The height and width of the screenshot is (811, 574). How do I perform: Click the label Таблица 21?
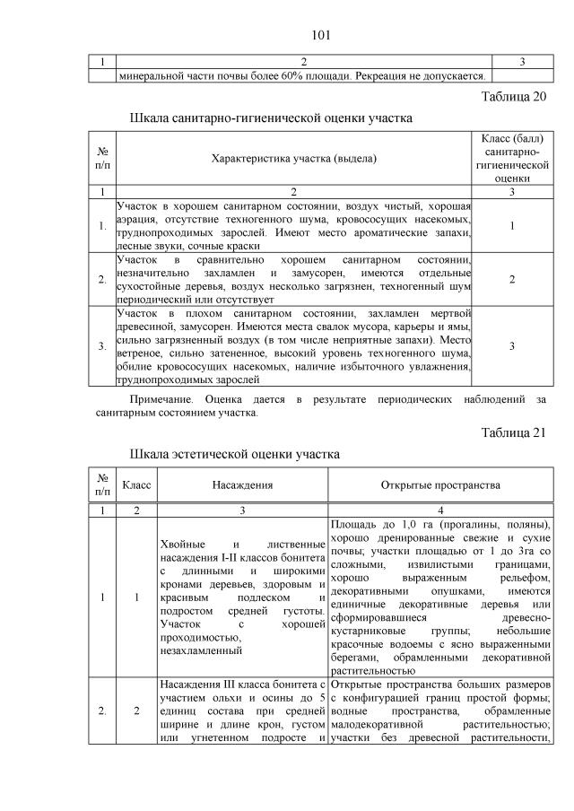click(x=513, y=433)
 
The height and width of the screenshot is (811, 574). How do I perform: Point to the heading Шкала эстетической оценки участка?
click(x=234, y=454)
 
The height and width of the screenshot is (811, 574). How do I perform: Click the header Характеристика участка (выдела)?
click(x=293, y=159)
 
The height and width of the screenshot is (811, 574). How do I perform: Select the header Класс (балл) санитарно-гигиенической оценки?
click(x=511, y=159)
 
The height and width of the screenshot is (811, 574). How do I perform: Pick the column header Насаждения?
click(x=242, y=485)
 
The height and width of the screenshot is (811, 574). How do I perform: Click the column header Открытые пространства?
click(x=439, y=485)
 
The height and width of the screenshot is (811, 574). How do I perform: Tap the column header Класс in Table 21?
click(x=136, y=485)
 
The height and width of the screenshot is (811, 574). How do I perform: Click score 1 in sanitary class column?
click(x=511, y=225)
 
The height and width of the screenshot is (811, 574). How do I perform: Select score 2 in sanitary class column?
click(x=511, y=280)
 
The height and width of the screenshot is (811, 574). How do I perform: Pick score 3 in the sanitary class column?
click(x=511, y=347)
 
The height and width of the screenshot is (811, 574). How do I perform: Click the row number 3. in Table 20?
click(x=103, y=347)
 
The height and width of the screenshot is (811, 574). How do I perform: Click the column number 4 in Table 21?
click(x=439, y=510)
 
